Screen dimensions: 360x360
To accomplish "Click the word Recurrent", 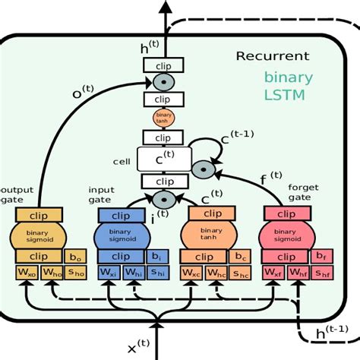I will tap(272, 55).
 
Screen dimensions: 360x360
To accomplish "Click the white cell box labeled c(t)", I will tap(163, 159).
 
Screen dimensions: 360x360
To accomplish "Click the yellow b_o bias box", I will tap(74, 257).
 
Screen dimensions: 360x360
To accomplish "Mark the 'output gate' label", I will tap(17, 195).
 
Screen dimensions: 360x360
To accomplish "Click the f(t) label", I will tap(270, 181).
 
